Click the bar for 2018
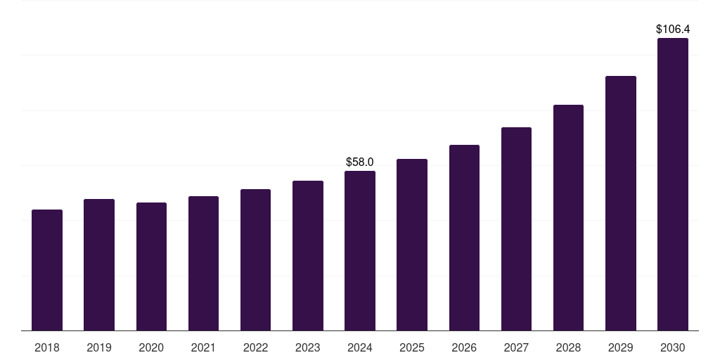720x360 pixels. pos(47,270)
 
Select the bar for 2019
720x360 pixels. pos(99,265)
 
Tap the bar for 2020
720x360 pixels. pos(151,266)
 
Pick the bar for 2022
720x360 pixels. pos(255,260)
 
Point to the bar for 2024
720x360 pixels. pos(360,251)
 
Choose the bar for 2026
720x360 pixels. pos(464,238)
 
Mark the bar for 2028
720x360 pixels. pos(568,218)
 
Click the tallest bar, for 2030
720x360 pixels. pos(673,184)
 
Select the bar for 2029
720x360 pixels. pos(621,203)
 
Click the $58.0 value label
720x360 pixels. pos(360,162)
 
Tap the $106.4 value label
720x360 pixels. pos(673,30)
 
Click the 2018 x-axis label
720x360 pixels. pos(47,348)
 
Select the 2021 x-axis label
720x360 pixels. pos(203,348)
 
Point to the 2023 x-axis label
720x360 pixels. pos(308,348)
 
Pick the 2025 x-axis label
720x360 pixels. pos(412,348)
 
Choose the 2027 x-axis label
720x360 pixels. pos(516,348)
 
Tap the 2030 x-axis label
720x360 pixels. pos(673,348)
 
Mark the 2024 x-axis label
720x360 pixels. pos(360,348)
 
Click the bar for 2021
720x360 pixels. pos(203,264)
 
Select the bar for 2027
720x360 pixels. pos(516,229)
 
